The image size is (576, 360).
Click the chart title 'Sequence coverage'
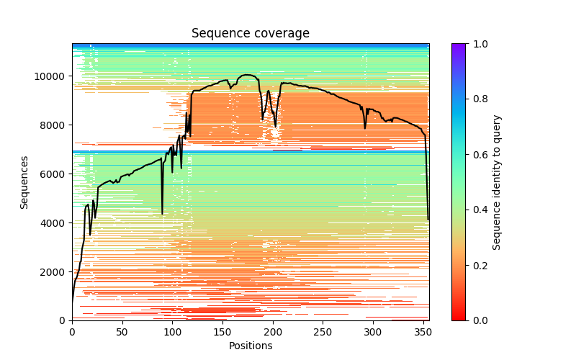click(x=251, y=34)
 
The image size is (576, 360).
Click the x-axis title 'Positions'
click(x=251, y=346)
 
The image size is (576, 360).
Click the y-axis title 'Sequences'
click(x=24, y=182)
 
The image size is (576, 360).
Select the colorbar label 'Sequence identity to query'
click(x=497, y=182)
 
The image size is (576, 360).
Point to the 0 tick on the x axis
click(x=72, y=331)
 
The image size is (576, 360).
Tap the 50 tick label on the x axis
click(x=122, y=331)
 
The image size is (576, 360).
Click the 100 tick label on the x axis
click(x=172, y=331)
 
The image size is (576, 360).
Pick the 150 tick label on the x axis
click(x=222, y=331)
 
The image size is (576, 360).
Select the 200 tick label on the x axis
click(x=273, y=331)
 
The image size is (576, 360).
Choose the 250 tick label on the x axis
click(x=323, y=331)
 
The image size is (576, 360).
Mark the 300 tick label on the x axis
click(x=373, y=331)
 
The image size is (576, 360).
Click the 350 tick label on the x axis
click(x=423, y=331)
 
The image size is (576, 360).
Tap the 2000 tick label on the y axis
click(x=53, y=272)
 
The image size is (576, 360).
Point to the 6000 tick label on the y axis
click(x=53, y=174)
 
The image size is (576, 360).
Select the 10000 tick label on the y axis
click(x=50, y=76)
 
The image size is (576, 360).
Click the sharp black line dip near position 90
click(x=162, y=213)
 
